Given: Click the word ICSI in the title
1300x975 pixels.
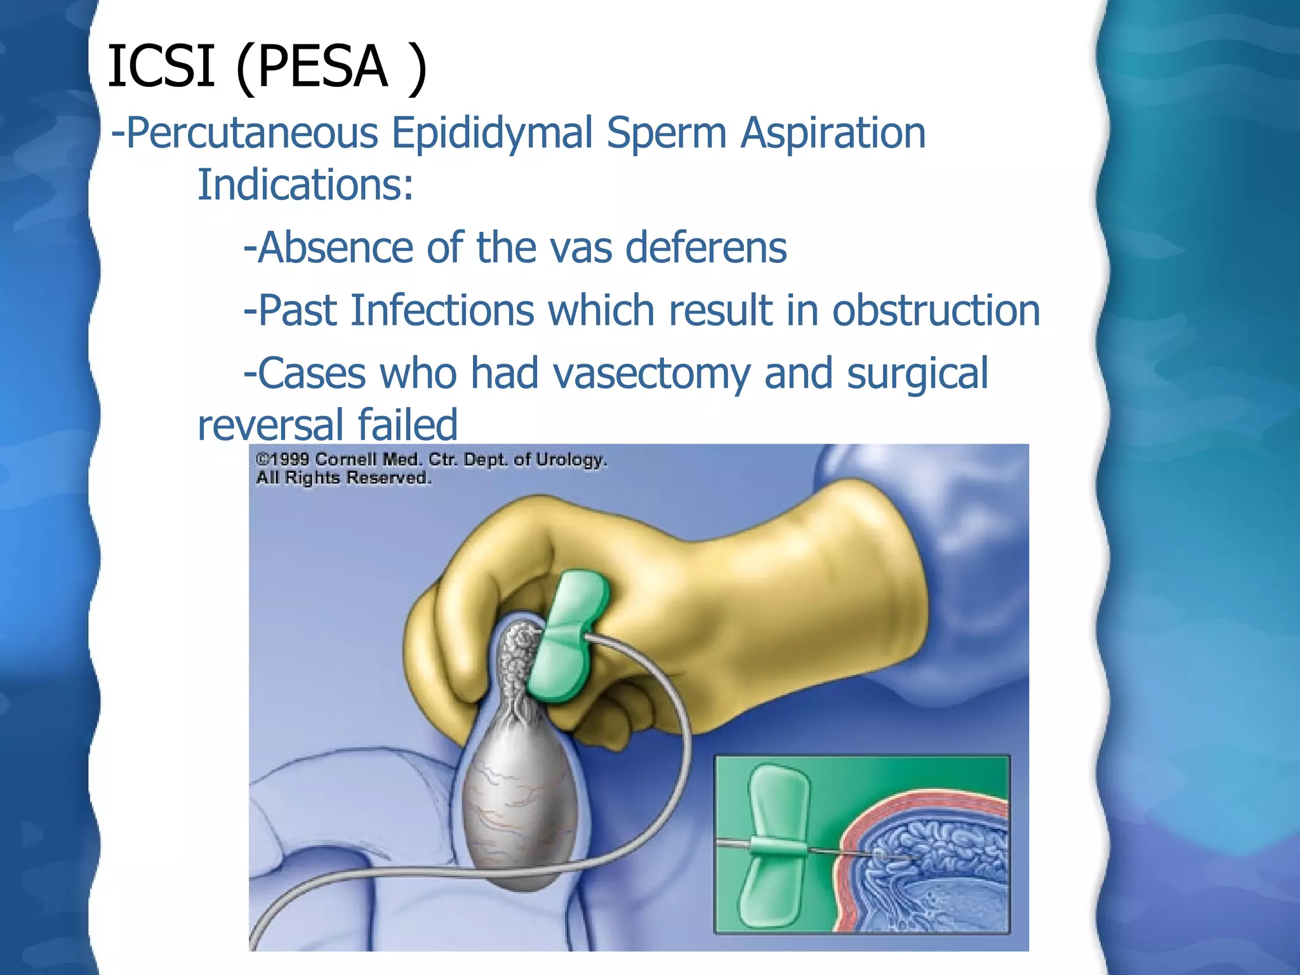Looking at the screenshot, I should coord(161,66).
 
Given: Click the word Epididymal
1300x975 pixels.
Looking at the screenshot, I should coord(492,133).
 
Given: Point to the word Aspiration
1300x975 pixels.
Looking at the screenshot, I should coord(833,133).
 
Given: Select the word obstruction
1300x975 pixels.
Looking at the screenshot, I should coord(936,310).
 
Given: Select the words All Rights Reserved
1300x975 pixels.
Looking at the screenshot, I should coord(343,477).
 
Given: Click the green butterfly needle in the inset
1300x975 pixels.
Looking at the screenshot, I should coord(777,844).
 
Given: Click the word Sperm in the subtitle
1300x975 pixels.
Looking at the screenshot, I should coord(667,133).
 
